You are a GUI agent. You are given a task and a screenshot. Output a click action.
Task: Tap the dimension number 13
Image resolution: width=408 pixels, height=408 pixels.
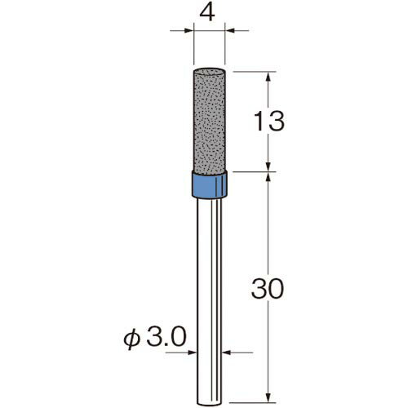[x=269, y=121]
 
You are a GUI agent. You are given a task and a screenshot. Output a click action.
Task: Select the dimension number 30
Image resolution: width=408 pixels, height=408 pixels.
[x=268, y=289]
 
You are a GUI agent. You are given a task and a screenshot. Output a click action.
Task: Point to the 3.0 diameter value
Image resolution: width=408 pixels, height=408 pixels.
[x=166, y=337]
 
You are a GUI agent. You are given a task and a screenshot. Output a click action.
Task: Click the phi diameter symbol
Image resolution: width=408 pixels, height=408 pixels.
[x=132, y=339]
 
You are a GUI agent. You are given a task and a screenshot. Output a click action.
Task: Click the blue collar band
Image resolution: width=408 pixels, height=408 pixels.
[x=209, y=184]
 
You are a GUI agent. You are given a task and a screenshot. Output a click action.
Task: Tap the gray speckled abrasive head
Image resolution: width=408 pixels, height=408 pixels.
[x=209, y=120]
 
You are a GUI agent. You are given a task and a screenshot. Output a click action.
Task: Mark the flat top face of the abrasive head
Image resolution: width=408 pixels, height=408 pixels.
[x=209, y=71]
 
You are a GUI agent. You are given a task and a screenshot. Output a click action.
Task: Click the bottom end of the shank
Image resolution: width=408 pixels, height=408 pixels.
[x=209, y=404]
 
